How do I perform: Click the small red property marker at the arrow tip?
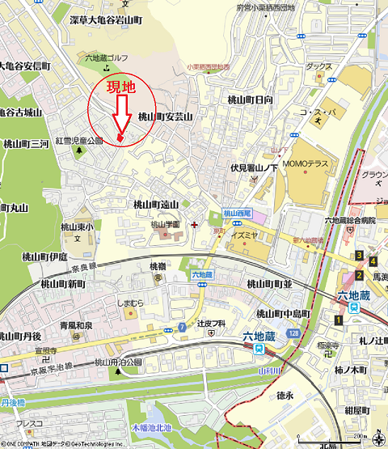pos(120,138)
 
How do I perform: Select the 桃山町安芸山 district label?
pos(165,116)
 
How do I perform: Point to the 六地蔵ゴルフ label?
pos(105,58)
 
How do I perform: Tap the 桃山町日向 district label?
pos(250,100)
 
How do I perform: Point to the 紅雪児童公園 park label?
pos(79,140)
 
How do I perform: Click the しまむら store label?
pos(130,303)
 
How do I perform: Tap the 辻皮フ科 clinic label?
pos(209,324)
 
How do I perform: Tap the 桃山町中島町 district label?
pos(284,314)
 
